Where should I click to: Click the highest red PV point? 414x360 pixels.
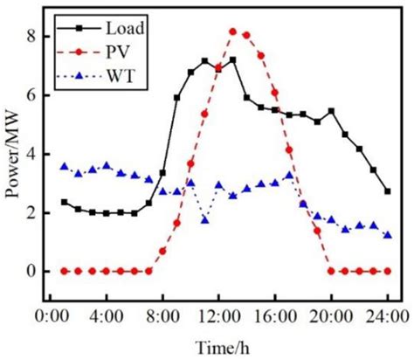tap(232, 31)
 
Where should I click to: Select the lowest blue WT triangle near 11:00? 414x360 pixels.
tap(204, 220)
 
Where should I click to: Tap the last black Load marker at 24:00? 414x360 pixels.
tap(387, 190)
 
